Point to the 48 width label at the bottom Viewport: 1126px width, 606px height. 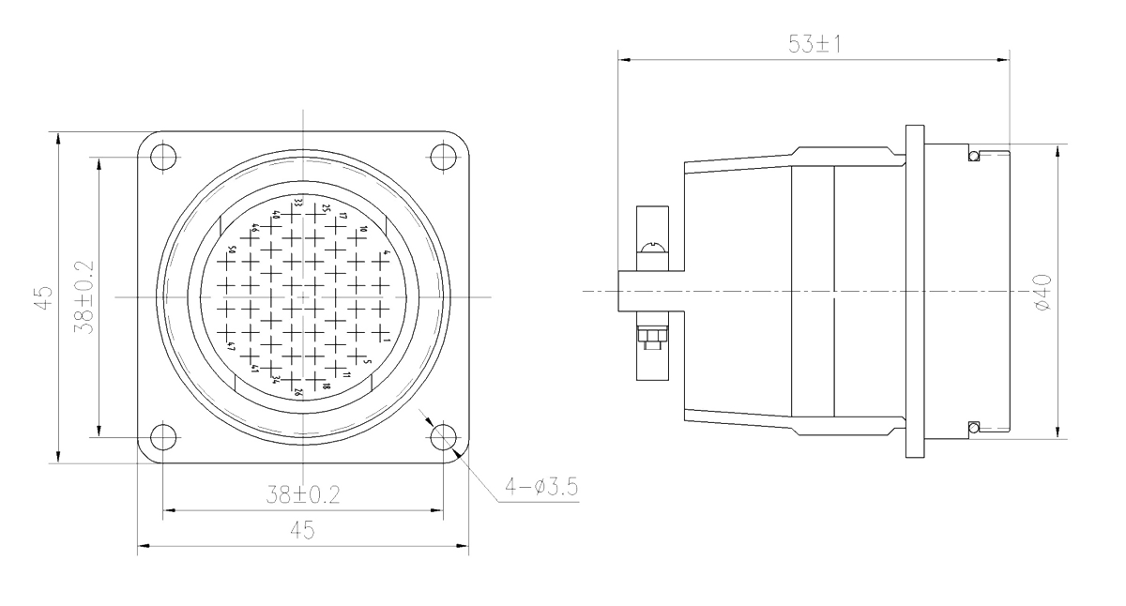tap(302, 531)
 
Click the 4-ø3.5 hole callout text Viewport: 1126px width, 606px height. tap(542, 487)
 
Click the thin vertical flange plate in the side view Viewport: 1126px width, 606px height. tap(914, 291)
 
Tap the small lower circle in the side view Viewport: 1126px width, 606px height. tap(974, 428)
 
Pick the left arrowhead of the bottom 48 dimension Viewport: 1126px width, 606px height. tap(144, 548)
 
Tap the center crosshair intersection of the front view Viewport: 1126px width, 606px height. tap(302, 297)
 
